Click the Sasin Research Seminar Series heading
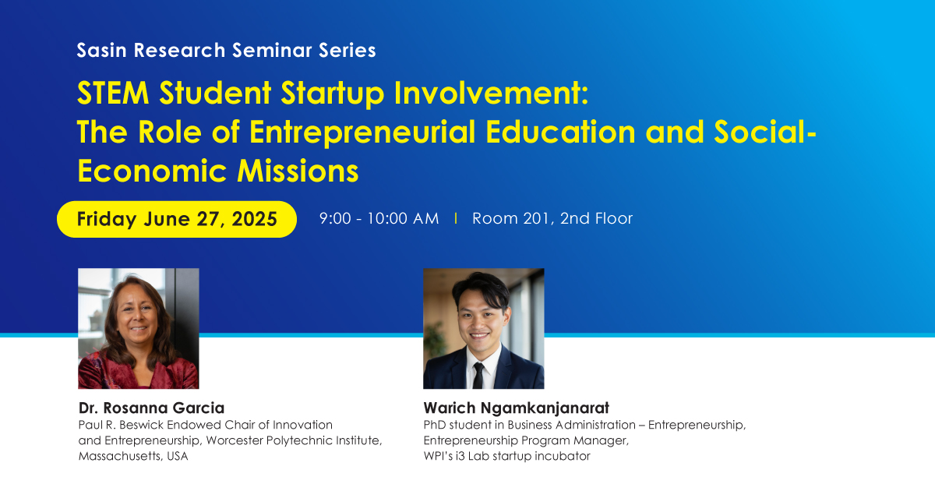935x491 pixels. tap(226, 51)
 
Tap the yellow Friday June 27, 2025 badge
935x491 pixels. tap(177, 219)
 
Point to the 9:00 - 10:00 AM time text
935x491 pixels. tap(379, 219)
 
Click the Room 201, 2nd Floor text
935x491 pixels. tap(552, 219)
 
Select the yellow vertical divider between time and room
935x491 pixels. tap(456, 219)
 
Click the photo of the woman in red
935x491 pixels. tap(139, 328)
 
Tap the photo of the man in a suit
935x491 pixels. tap(483, 328)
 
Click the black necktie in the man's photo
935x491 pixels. tap(478, 375)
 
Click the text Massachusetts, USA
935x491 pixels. tap(133, 456)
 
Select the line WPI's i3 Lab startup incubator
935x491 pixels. tap(506, 456)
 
